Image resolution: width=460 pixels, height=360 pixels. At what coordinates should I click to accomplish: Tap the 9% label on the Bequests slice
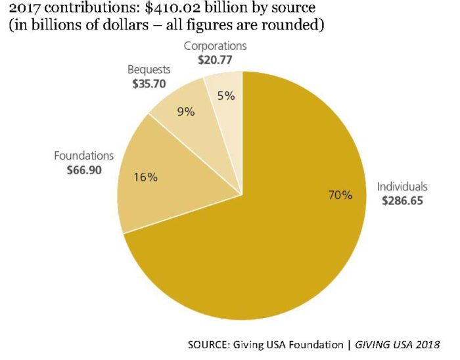point(187,112)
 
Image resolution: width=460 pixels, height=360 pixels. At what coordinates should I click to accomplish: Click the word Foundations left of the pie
point(84,156)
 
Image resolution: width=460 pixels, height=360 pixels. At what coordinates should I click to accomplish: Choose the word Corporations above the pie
point(215,46)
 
